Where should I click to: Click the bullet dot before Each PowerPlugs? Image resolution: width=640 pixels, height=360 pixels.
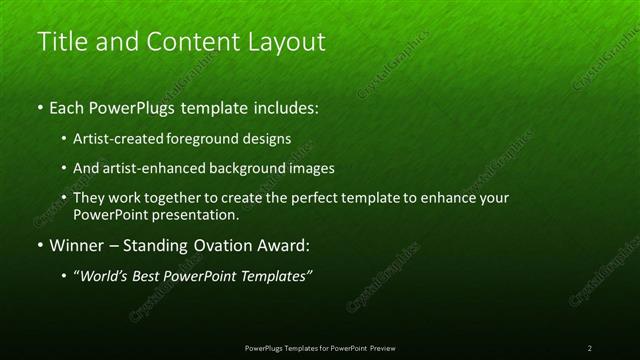pos(40,107)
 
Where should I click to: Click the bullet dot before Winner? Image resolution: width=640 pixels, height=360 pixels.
pos(40,245)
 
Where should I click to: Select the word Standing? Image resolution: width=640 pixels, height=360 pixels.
pos(160,245)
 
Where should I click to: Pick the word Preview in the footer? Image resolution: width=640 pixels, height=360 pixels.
pos(383,348)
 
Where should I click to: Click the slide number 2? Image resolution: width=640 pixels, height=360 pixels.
pos(589,348)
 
